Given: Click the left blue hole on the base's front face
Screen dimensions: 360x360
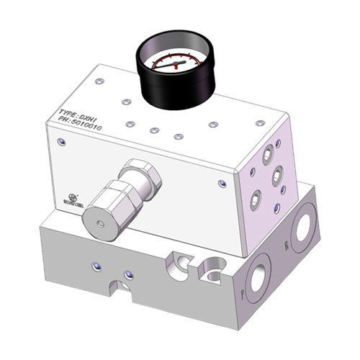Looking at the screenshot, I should tap(96, 269).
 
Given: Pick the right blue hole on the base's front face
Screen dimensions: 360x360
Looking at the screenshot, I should tap(129, 274).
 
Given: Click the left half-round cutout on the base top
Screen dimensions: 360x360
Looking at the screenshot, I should tap(176, 264).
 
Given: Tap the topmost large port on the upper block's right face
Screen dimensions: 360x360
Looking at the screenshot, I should tap(268, 152).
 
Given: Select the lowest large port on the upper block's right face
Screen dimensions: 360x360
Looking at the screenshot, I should tap(256, 201).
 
